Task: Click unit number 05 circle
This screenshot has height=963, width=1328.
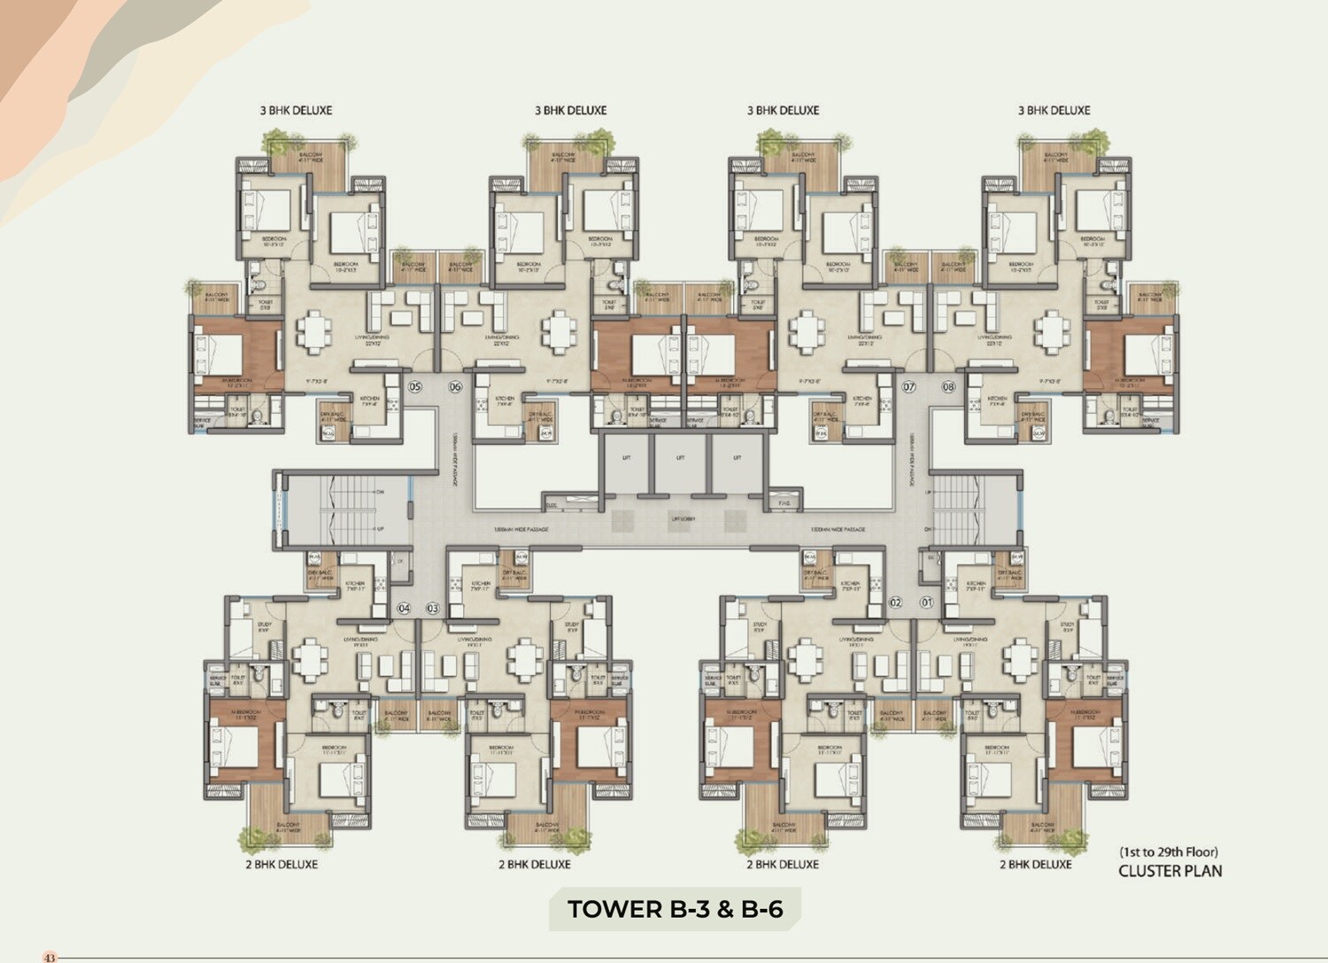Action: [414, 386]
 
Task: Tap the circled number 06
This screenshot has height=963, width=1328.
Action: [455, 386]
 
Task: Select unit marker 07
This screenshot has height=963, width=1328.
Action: [908, 386]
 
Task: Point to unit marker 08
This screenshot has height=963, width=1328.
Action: [948, 386]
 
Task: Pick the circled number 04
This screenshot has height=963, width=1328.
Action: [405, 609]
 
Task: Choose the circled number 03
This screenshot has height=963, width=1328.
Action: [433, 609]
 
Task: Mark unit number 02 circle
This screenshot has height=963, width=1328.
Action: [896, 602]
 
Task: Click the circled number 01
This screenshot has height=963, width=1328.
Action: [927, 602]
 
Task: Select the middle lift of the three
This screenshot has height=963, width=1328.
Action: [680, 459]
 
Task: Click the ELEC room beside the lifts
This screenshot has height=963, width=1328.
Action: [552, 504]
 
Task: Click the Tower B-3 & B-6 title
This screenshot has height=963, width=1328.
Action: [675, 909]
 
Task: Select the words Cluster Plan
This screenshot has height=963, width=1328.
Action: [1170, 871]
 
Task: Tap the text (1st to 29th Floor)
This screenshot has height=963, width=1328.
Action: [1170, 852]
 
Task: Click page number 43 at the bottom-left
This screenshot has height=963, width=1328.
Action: [50, 957]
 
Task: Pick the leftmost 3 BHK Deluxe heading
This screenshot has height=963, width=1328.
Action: [296, 111]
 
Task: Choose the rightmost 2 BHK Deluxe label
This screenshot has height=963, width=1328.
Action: [1035, 864]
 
